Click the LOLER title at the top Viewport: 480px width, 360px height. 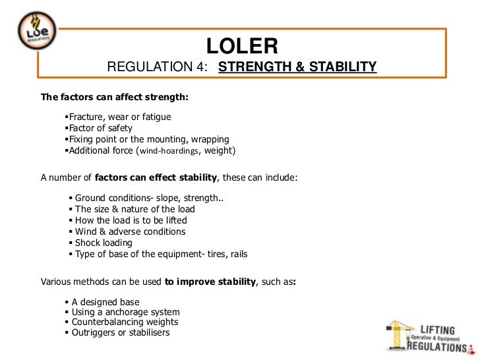pos(243,45)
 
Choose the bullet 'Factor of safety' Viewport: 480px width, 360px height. pos(101,128)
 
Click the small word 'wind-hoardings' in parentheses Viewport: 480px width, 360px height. pos(169,151)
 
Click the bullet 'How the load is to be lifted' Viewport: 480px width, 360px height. pos(131,220)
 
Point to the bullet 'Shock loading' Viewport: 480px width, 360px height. pos(104,243)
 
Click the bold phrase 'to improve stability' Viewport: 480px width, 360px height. pos(210,281)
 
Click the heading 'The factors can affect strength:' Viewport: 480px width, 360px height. pos(115,97)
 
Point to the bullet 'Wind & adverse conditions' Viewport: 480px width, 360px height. pos(130,231)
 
